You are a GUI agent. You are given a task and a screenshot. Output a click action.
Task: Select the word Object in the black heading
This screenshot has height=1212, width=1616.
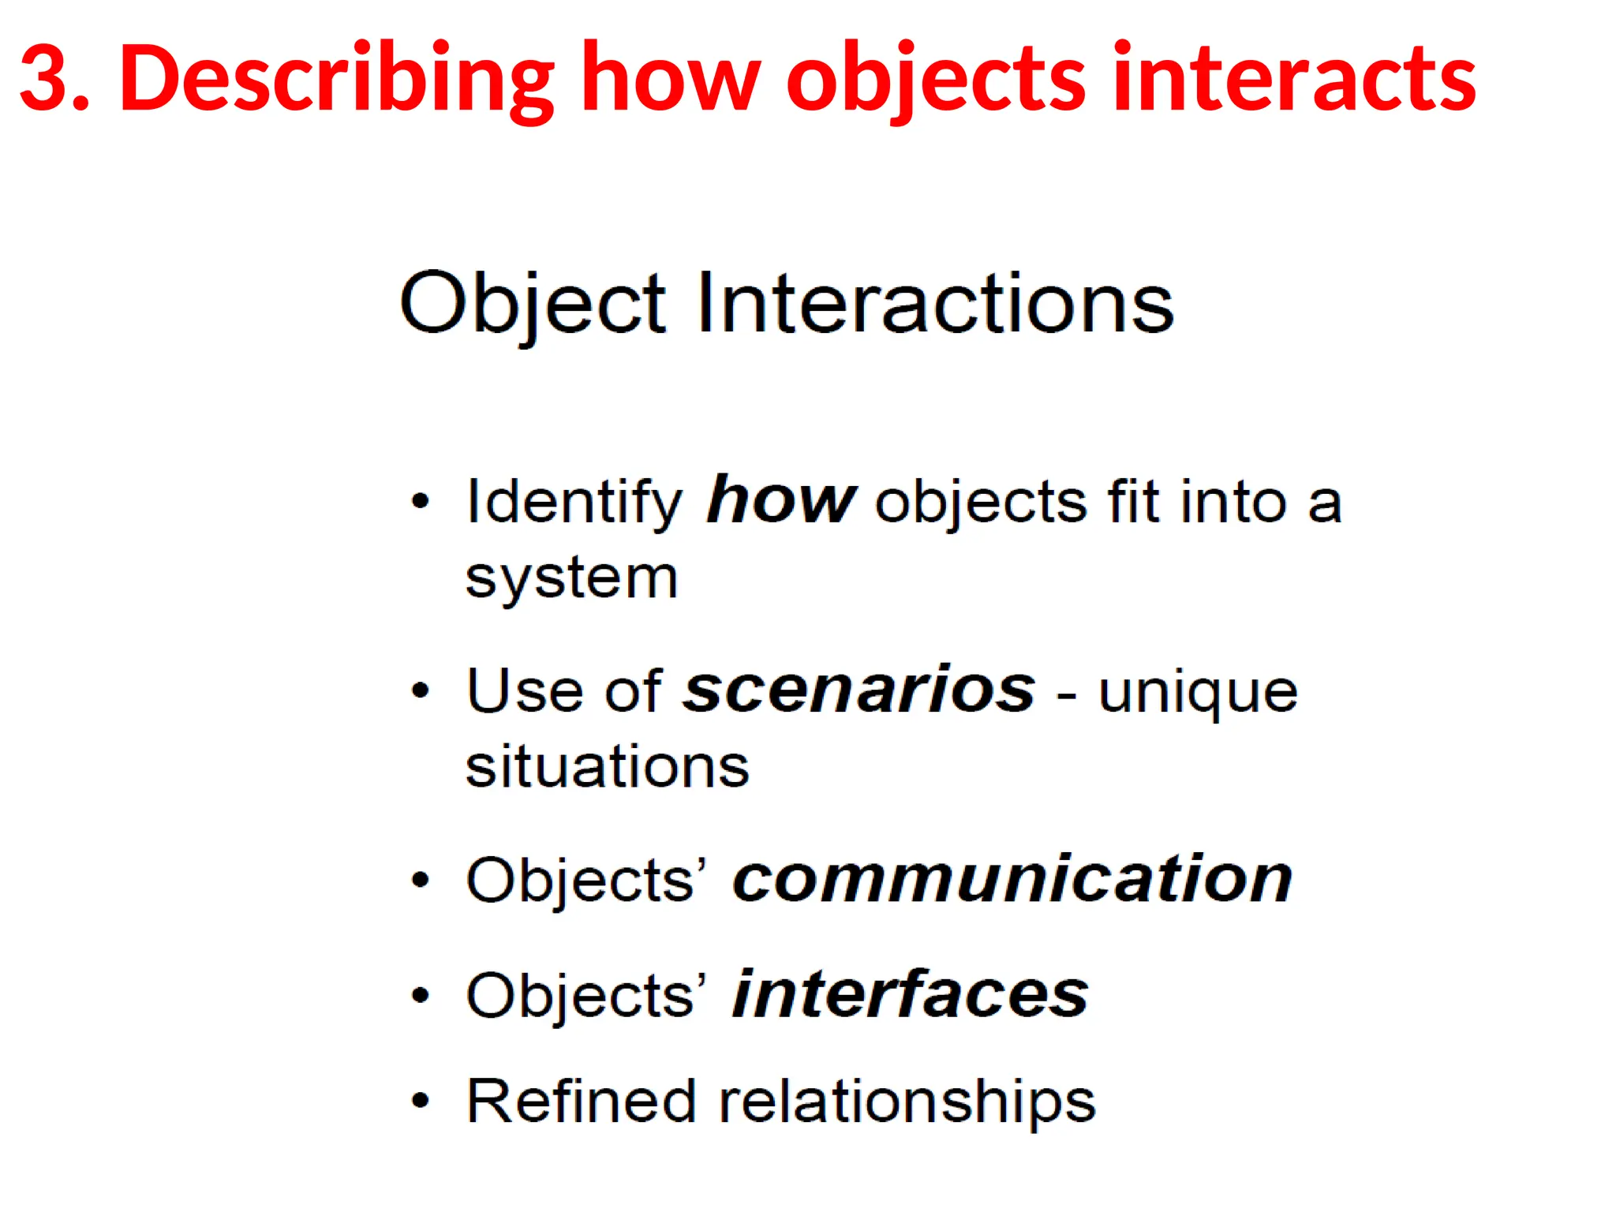point(533,305)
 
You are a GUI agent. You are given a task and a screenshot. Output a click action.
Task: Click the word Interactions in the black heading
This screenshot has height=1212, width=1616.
point(936,303)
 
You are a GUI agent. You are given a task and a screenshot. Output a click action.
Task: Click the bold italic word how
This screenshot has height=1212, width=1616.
point(780,500)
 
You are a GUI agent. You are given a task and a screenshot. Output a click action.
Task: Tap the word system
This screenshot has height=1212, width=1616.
point(571,578)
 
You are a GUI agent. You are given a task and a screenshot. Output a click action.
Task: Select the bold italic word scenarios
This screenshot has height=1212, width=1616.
point(858,690)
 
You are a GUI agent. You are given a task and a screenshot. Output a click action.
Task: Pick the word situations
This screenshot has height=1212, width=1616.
point(607,767)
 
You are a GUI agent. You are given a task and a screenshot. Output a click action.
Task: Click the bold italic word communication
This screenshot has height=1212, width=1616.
point(1012,879)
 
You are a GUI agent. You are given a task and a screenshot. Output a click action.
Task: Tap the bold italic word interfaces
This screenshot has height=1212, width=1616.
point(910,994)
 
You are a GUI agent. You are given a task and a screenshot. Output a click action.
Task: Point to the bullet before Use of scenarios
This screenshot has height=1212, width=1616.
point(421,691)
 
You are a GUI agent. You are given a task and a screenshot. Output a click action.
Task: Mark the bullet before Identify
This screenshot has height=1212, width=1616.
point(421,501)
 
